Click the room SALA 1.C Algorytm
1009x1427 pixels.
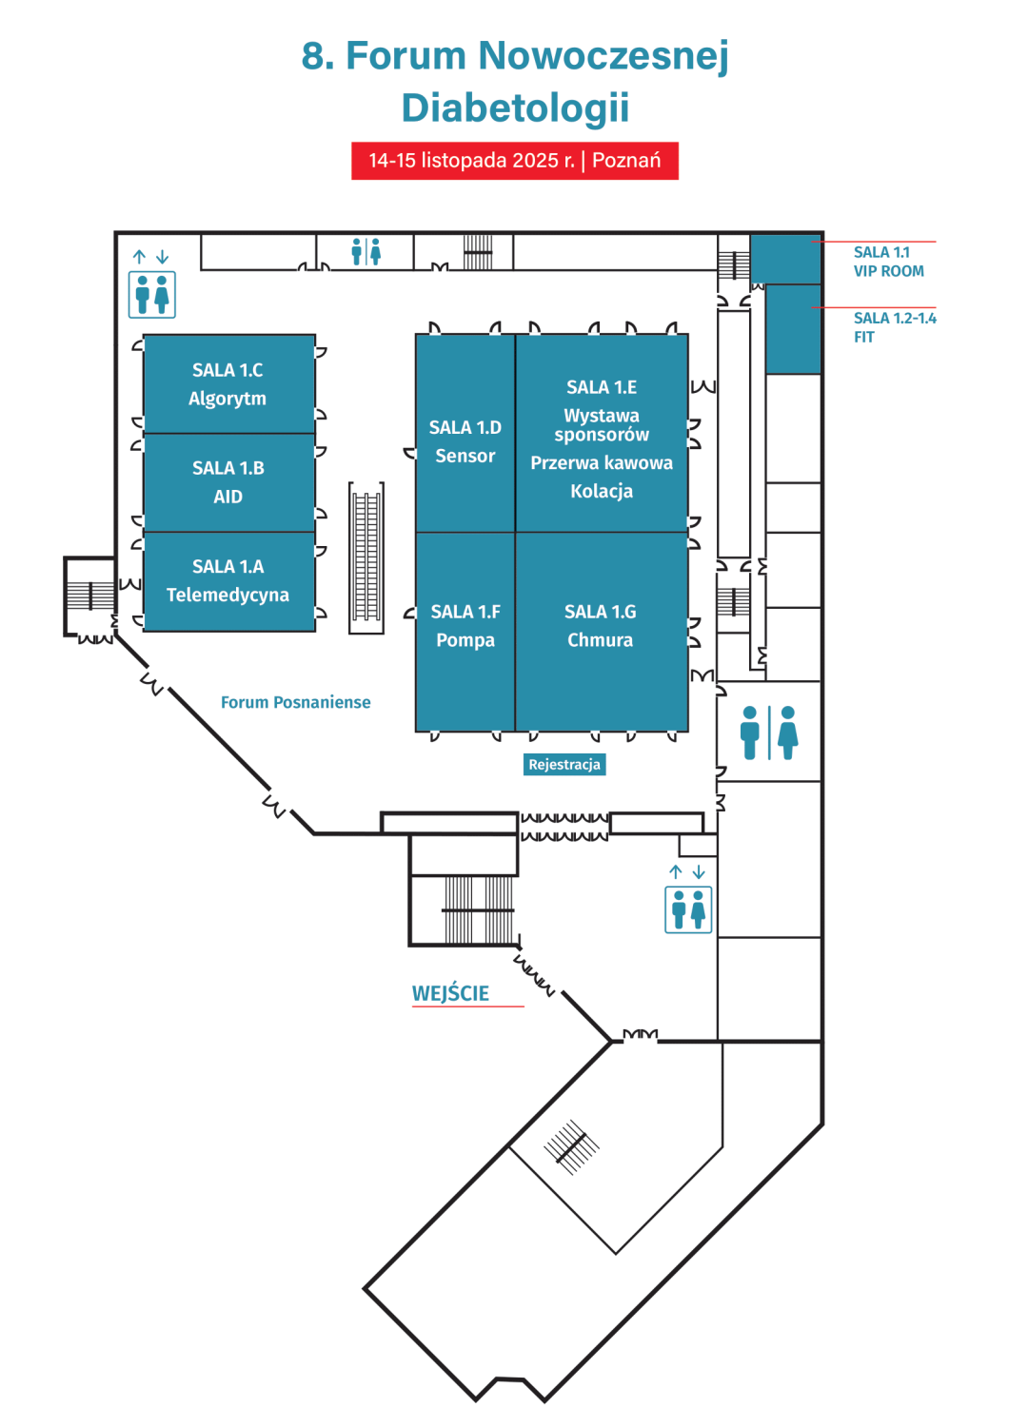click(x=228, y=384)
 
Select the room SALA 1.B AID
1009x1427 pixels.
click(x=228, y=482)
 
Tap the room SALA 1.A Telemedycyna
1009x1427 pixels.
click(x=228, y=581)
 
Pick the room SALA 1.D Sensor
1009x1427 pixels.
click(x=465, y=441)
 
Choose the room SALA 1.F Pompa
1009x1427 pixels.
click(x=465, y=626)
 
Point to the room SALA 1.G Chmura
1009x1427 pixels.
click(x=601, y=626)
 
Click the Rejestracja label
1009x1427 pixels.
click(x=564, y=765)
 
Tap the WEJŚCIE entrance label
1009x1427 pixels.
click(x=450, y=993)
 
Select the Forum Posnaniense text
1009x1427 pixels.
click(x=296, y=702)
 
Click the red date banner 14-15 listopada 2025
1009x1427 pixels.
click(x=515, y=161)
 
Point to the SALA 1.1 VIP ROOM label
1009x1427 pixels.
click(x=888, y=262)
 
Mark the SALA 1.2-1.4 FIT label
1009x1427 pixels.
click(x=894, y=327)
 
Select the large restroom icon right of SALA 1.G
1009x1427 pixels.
click(x=769, y=733)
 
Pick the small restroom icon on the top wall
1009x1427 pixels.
click(x=366, y=252)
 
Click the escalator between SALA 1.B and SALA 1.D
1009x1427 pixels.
click(x=366, y=557)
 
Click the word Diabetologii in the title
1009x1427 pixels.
click(x=515, y=108)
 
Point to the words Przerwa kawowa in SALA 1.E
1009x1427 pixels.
click(x=602, y=463)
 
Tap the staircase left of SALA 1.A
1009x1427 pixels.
click(x=89, y=596)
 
